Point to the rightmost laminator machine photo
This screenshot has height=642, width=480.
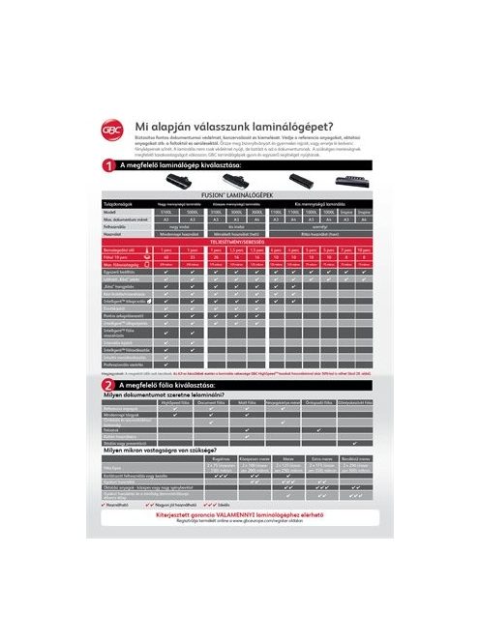[348, 181]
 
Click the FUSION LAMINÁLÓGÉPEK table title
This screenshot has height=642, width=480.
[239, 194]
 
